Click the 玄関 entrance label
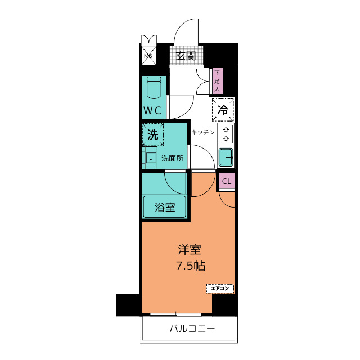pos(186,56)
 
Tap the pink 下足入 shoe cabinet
pos(217,81)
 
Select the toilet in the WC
pos(154,88)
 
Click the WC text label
pos(152,111)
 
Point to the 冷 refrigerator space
pos(223,110)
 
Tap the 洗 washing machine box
pos(153,134)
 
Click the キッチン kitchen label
pos(203,132)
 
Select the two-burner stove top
pos(226,134)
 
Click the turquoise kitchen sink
pos(226,157)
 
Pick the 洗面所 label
pos(173,159)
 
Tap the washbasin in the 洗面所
pos(151,158)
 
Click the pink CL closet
pos(227,181)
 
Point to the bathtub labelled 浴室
pos(164,206)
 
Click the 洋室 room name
pos(190,250)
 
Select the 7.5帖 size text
pos(191,266)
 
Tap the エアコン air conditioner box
pos(220,289)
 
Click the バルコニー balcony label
pos(192,328)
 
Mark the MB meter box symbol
pos(148,55)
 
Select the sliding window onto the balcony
pos(176,314)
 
